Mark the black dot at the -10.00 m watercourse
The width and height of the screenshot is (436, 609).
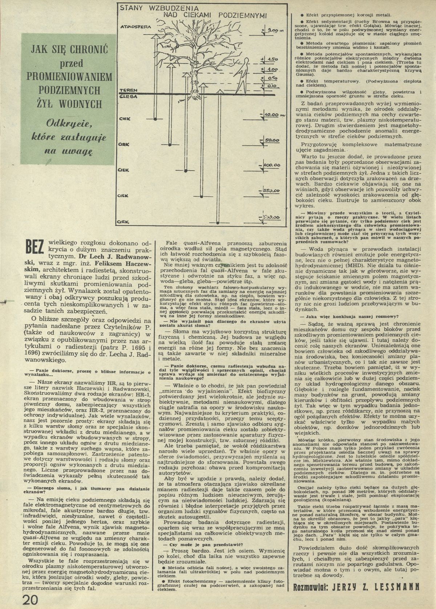coord(155,118)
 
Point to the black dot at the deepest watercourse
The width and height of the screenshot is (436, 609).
coord(217,222)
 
